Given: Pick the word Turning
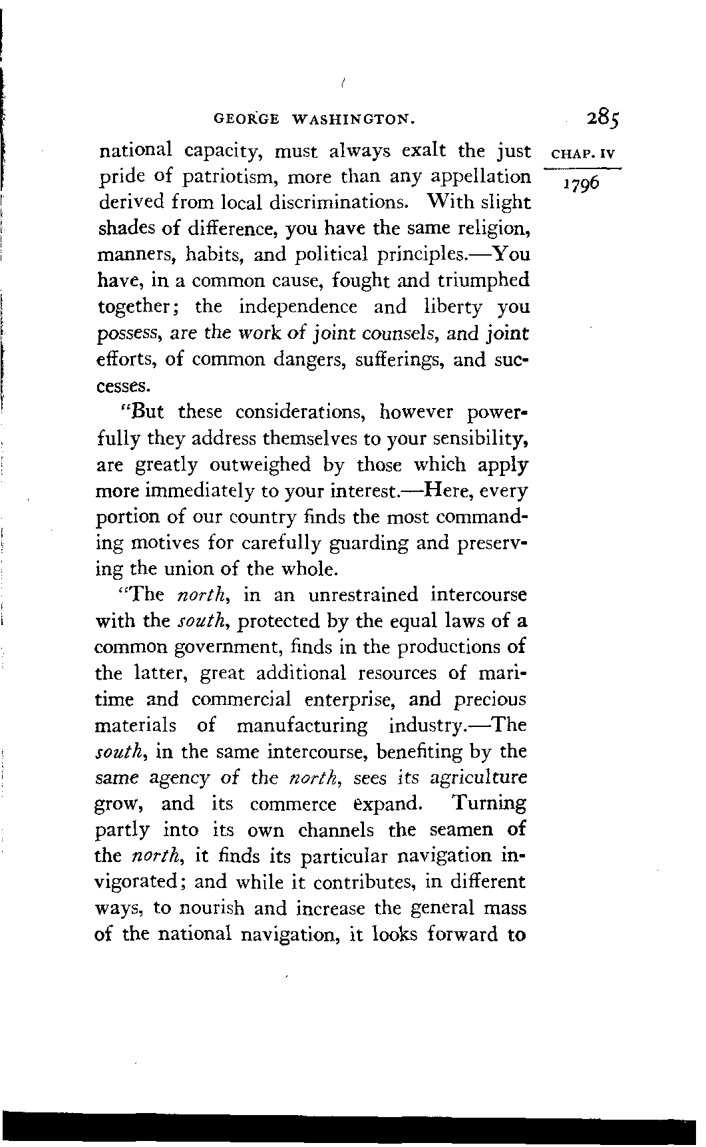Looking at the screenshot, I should [488, 803].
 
